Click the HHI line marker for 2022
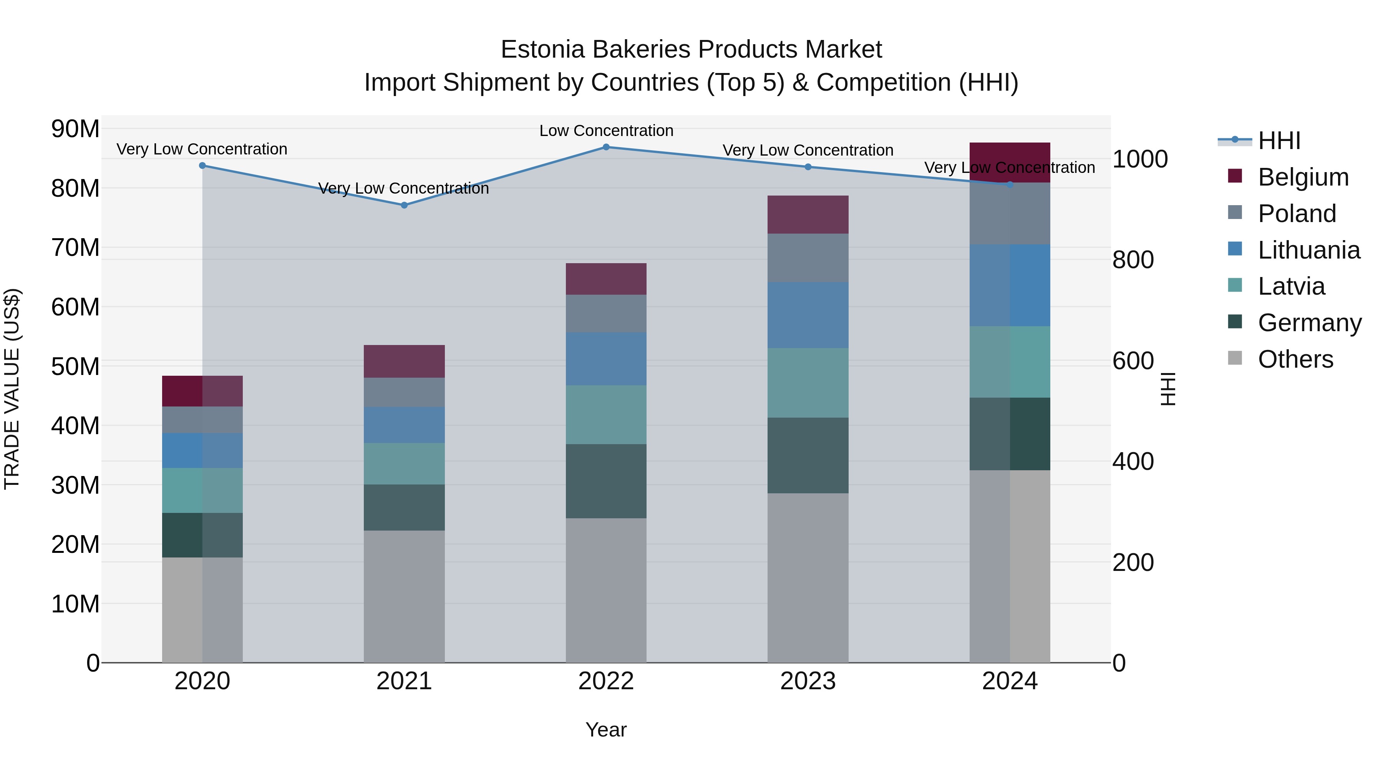[606, 147]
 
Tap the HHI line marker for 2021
[404, 205]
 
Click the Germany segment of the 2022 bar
[606, 481]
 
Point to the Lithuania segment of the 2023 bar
[808, 315]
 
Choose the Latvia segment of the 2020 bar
[202, 490]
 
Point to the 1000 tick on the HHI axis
[1140, 159]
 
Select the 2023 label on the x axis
[808, 681]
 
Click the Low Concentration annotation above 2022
[606, 131]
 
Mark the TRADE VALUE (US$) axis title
[12, 389]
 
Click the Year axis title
[606, 730]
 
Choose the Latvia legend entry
[1291, 286]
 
